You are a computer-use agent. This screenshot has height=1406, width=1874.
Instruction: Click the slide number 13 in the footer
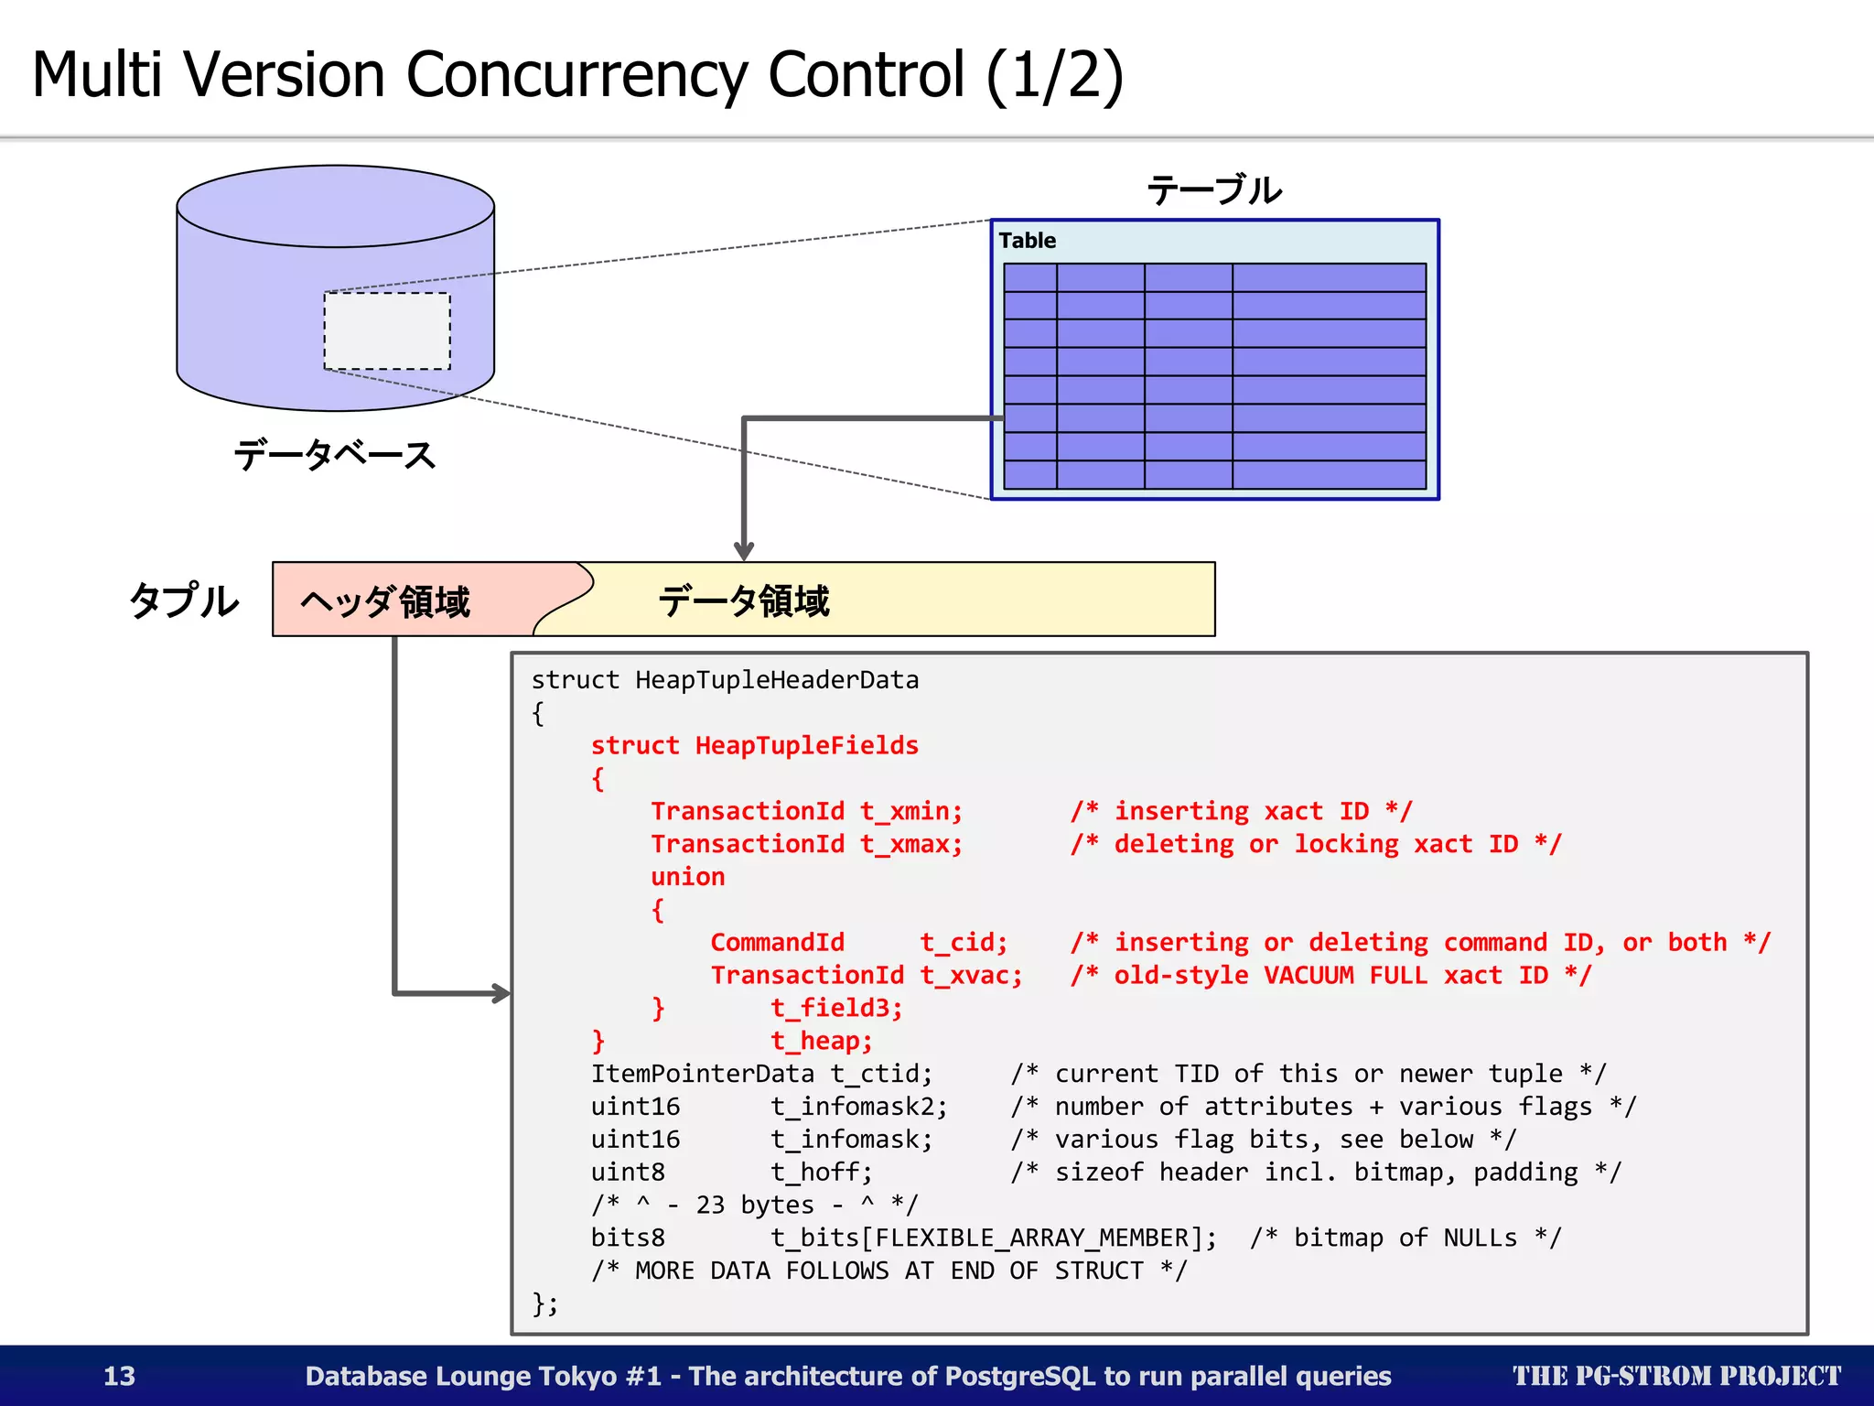[119, 1376]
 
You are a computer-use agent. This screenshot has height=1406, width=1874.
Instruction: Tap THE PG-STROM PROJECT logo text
[1675, 1376]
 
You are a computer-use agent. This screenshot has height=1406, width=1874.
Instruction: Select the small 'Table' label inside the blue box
[1027, 241]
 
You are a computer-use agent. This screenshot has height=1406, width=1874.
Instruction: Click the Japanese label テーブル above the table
[1214, 190]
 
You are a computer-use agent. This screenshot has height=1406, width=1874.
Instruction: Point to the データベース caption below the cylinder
[335, 454]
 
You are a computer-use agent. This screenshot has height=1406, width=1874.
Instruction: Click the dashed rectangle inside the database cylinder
[387, 330]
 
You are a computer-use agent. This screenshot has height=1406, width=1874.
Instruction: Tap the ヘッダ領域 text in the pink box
[385, 601]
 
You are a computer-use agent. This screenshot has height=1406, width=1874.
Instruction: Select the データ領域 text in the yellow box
[743, 601]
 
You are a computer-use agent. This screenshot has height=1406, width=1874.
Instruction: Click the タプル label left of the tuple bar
[184, 601]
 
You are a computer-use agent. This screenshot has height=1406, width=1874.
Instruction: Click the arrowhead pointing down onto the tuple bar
[744, 550]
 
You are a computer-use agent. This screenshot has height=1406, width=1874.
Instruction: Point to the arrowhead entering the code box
[500, 993]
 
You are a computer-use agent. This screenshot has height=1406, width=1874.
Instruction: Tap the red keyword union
[687, 877]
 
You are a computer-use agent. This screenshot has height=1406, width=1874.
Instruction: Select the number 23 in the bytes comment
[710, 1205]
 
